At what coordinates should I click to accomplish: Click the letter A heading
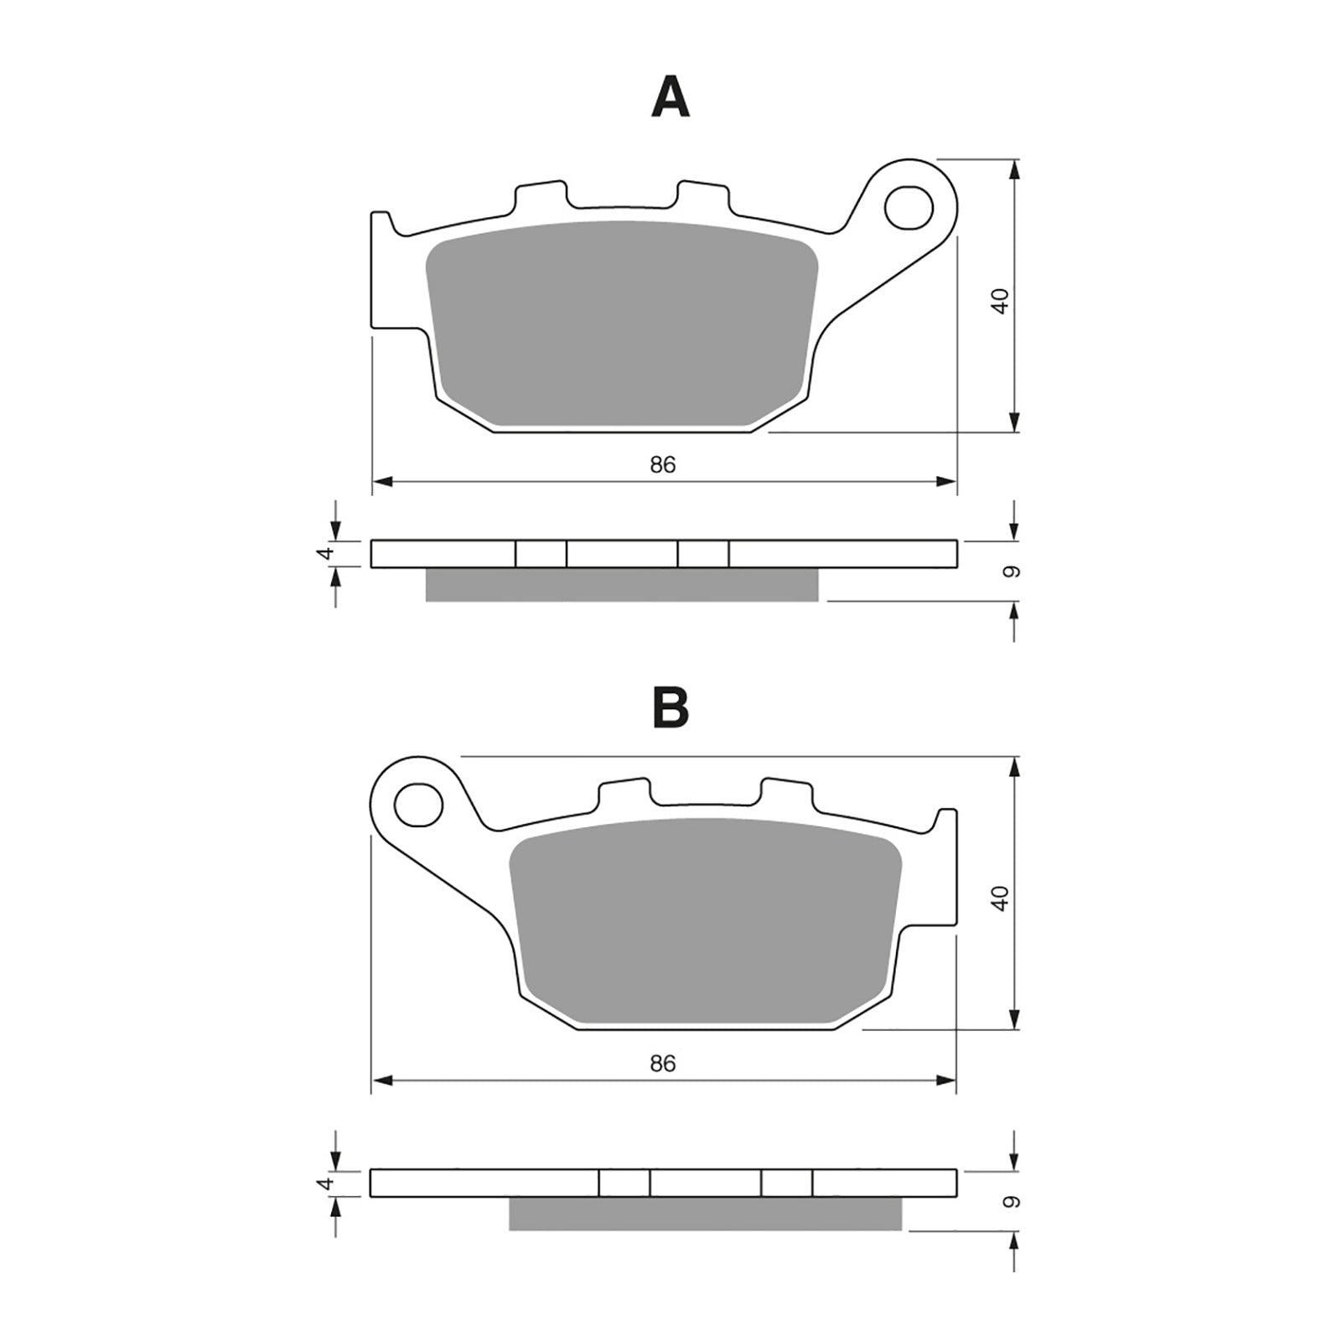coord(670,97)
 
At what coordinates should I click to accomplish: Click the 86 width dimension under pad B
coord(662,1064)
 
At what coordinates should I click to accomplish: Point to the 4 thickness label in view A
coord(328,552)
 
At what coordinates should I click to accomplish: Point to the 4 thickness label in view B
coord(328,1183)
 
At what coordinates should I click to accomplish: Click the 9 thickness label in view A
coord(1012,572)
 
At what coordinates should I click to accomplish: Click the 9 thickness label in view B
coord(1012,1202)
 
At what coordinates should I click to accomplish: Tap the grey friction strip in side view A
coord(620,584)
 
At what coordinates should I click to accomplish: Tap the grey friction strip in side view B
coord(704,1214)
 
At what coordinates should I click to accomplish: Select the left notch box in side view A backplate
coord(541,554)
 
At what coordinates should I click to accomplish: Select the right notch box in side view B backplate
coord(787,1183)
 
